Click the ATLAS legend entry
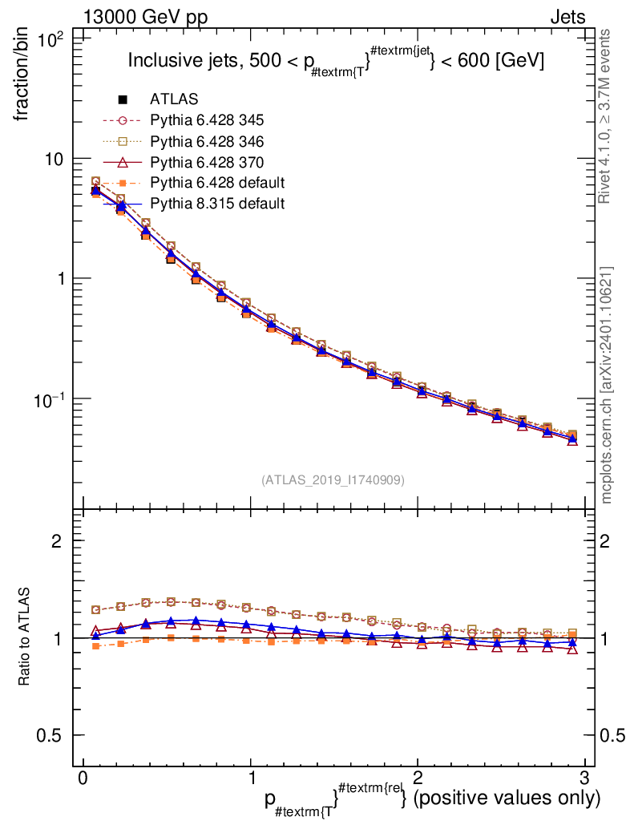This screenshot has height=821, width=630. click(174, 99)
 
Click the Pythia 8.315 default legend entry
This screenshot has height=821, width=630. click(217, 204)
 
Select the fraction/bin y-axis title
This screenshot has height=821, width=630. click(24, 78)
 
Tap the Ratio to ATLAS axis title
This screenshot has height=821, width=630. click(24, 638)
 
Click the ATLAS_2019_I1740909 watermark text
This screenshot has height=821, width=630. click(333, 480)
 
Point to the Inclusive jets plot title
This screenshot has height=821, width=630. click(337, 61)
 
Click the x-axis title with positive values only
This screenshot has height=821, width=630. click(433, 799)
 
